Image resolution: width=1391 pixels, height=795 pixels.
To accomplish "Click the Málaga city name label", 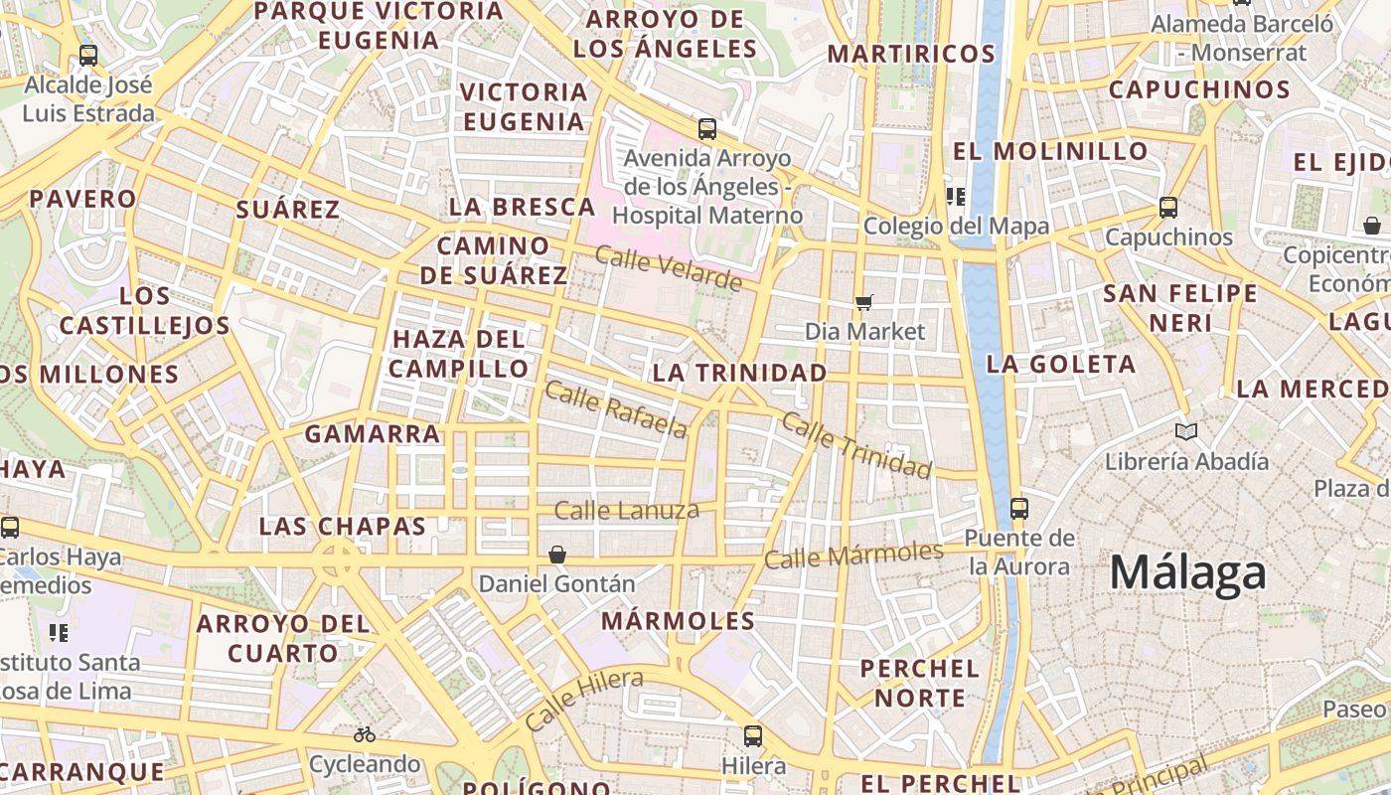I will (1188, 573).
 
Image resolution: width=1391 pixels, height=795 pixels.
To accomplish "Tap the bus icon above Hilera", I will (753, 736).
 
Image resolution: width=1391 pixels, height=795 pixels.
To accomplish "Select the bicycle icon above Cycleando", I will (365, 735).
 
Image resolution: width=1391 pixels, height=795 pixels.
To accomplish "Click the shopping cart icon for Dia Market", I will (864, 302).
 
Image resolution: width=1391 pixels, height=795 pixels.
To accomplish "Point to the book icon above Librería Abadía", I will (1185, 431).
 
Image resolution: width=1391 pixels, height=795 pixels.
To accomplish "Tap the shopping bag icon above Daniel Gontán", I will (557, 554).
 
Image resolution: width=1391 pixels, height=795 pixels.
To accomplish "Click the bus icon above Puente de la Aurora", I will (1019, 508).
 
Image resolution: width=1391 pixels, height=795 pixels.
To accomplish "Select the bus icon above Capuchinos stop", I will (1168, 208).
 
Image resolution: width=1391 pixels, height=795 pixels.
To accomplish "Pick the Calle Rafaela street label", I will (616, 409).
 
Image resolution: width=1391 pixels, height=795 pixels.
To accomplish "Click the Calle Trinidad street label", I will (856, 444).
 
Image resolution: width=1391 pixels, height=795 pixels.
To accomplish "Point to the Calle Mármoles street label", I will (853, 556).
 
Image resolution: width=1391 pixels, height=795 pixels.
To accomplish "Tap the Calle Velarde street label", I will (668, 268).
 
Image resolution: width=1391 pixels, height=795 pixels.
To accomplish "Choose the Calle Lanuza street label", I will (627, 511).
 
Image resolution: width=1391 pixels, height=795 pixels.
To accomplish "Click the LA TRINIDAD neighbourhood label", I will (739, 373).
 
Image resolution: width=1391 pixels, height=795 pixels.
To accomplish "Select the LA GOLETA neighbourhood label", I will (1061, 364).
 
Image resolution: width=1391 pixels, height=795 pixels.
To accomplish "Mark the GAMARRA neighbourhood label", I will (373, 433).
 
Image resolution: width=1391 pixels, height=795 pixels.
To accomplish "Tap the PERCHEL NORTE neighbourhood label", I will (920, 683).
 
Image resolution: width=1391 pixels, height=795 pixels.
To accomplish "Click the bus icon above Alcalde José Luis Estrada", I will (88, 56).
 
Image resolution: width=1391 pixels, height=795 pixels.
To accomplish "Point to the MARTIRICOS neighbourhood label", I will (911, 54).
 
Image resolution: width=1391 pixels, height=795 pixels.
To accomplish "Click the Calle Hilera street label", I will (583, 700).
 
